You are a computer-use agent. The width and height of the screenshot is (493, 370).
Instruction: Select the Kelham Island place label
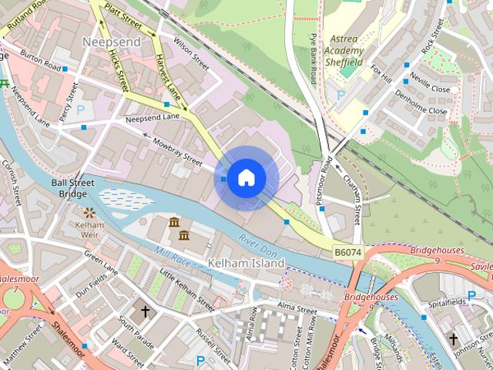coord(246,263)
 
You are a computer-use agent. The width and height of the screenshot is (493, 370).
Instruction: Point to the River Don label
coord(257,241)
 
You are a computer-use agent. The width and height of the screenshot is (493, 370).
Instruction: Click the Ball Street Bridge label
coord(73,188)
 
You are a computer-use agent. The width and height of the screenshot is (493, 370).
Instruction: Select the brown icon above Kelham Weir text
coord(89,211)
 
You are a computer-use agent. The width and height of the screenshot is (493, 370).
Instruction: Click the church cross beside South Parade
coord(145,312)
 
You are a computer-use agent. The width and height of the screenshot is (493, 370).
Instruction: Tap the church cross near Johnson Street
coord(454,339)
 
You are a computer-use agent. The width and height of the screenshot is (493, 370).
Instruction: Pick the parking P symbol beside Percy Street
coord(80,110)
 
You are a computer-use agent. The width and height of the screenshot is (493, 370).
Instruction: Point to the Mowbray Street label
coord(176,151)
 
